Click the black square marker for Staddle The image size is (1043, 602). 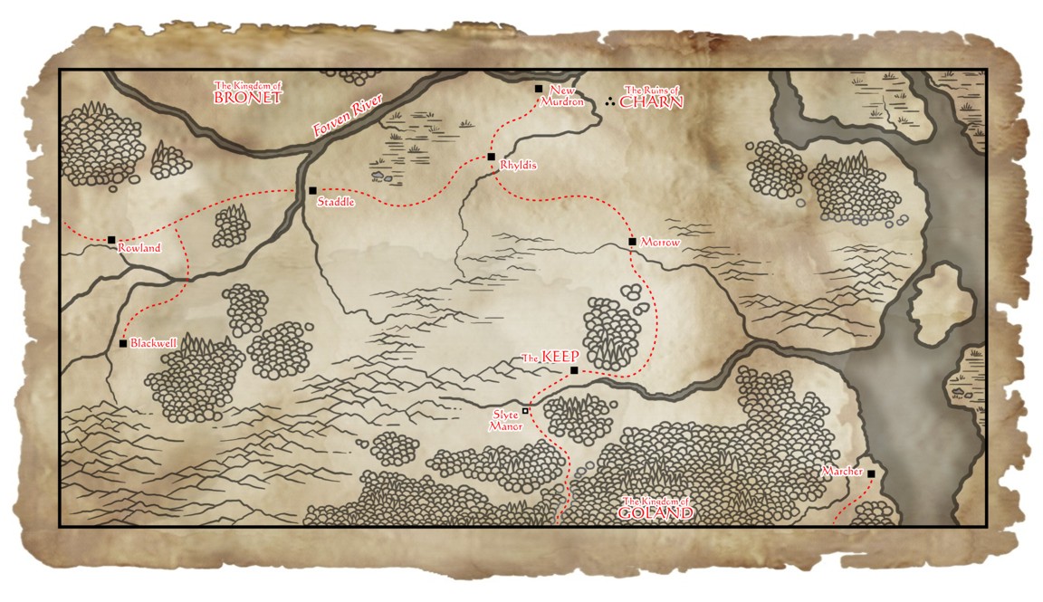coord(312,191)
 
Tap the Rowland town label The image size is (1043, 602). coord(139,248)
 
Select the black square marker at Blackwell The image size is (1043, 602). coord(123,344)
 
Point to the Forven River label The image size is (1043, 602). coord(348,115)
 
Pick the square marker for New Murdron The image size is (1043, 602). coord(539,89)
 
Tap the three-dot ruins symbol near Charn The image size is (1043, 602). coord(609,100)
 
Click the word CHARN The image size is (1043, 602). coord(651,102)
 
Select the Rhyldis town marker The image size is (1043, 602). coord(492,157)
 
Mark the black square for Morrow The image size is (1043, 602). coord(632,242)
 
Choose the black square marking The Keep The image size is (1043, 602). coord(574,370)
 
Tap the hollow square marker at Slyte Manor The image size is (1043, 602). coord(525,410)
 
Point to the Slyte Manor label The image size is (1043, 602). coord(505,420)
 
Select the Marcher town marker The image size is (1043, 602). coord(871,473)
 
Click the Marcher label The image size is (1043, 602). coord(842,472)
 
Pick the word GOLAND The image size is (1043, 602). coord(655,512)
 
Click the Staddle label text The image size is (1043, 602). coord(335,203)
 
